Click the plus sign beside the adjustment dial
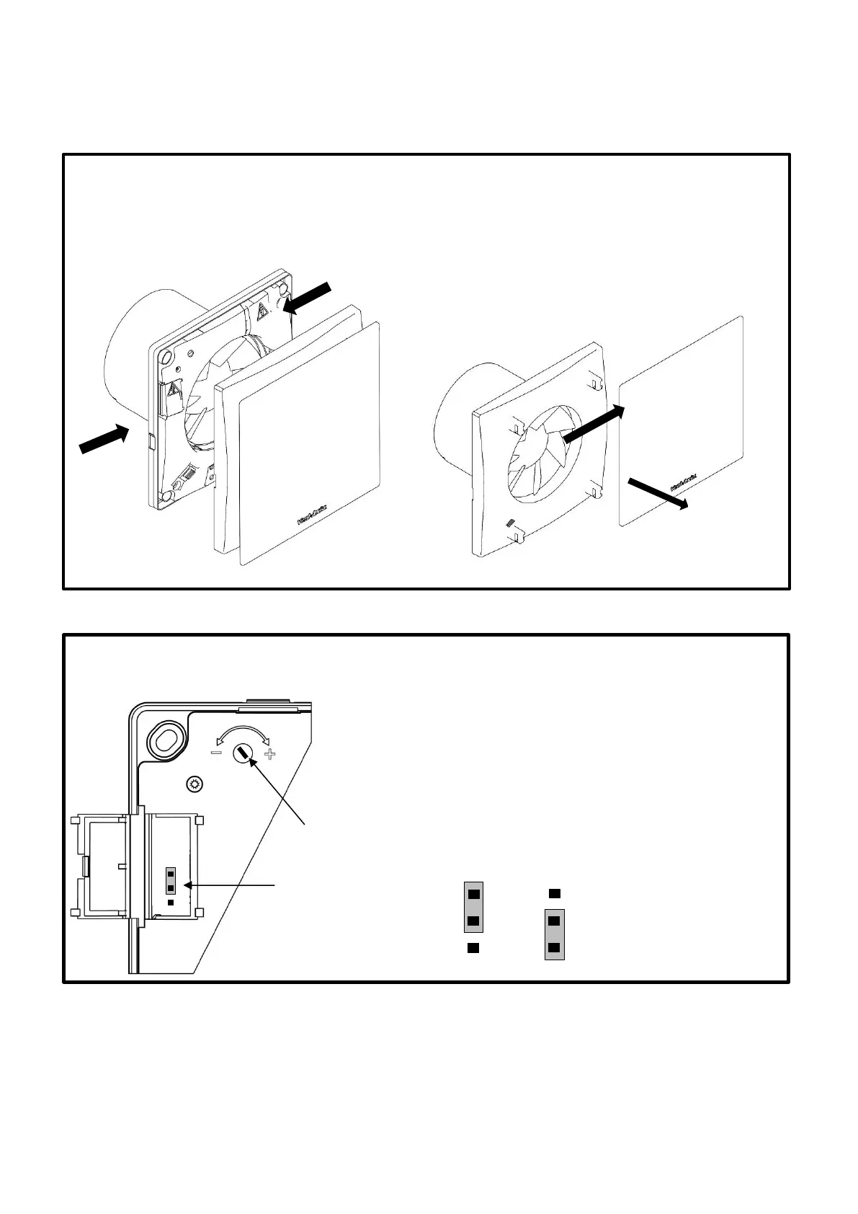coord(270,755)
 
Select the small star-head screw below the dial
coord(194,784)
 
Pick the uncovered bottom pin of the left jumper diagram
coord(473,948)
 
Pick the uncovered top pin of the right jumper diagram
coord(554,894)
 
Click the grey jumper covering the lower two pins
coord(554,934)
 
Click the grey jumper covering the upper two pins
coord(473,907)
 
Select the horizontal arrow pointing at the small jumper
coord(231,885)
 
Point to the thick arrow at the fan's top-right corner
coord(307,297)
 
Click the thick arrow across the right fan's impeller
coord(593,424)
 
